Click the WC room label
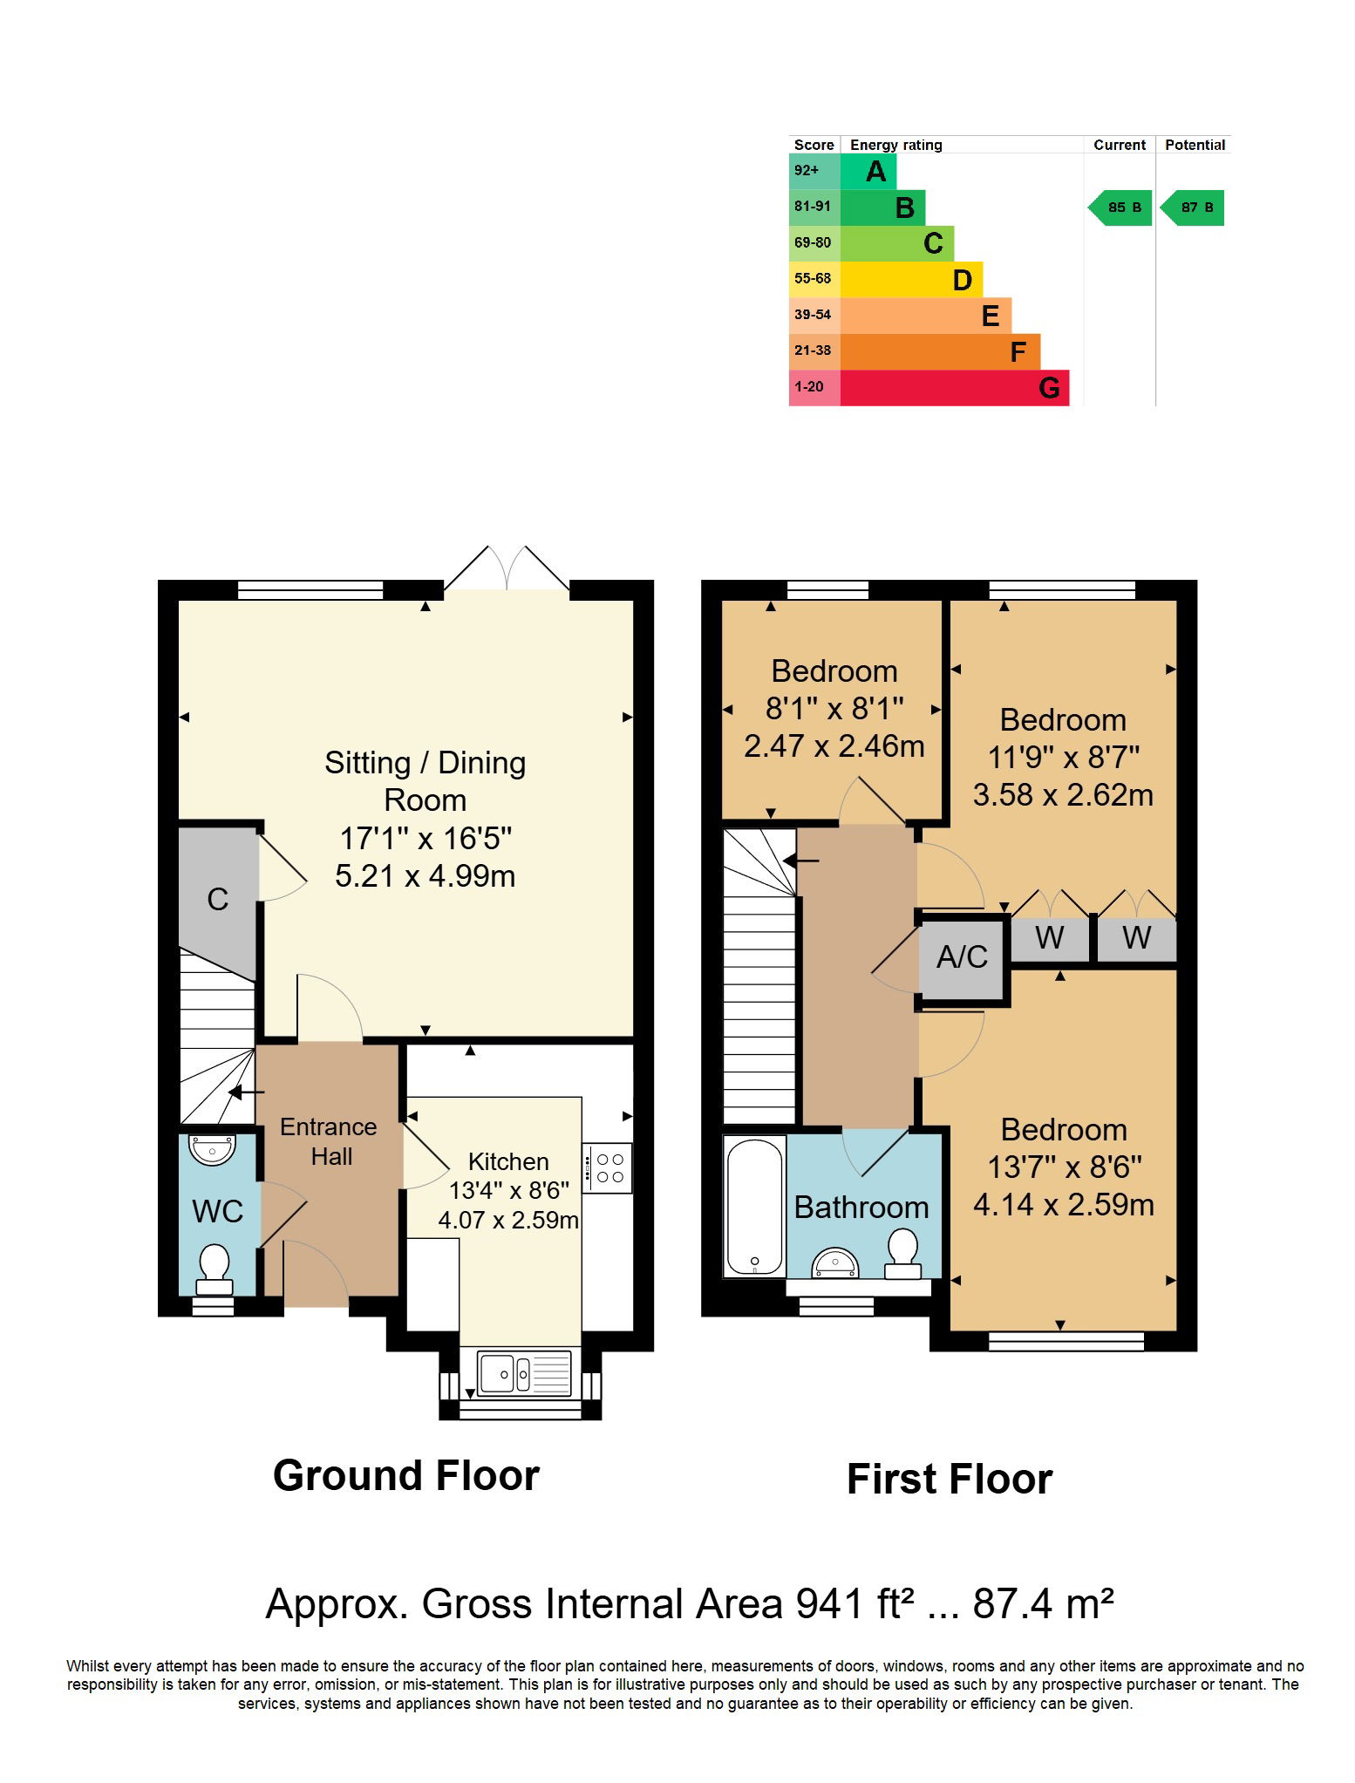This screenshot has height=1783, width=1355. (x=217, y=1211)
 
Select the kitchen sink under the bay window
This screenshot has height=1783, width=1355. (x=524, y=1373)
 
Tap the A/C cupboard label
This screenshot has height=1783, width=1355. (x=962, y=957)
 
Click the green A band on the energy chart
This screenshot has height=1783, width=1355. (x=868, y=171)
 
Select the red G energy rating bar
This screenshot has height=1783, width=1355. (x=955, y=387)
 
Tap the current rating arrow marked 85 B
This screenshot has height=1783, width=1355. (x=1120, y=208)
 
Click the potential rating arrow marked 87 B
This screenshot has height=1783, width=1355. (x=1193, y=208)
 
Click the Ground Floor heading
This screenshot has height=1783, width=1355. (x=406, y=1475)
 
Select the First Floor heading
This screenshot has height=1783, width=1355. (x=950, y=1479)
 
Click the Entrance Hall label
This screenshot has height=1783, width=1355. (x=329, y=1141)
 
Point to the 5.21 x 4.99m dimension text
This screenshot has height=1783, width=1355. (x=426, y=875)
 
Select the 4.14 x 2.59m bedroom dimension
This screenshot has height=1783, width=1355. (x=1064, y=1204)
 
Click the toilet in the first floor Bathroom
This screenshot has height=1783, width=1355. (x=902, y=1254)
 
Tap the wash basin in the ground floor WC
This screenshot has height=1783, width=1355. (x=213, y=1149)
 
